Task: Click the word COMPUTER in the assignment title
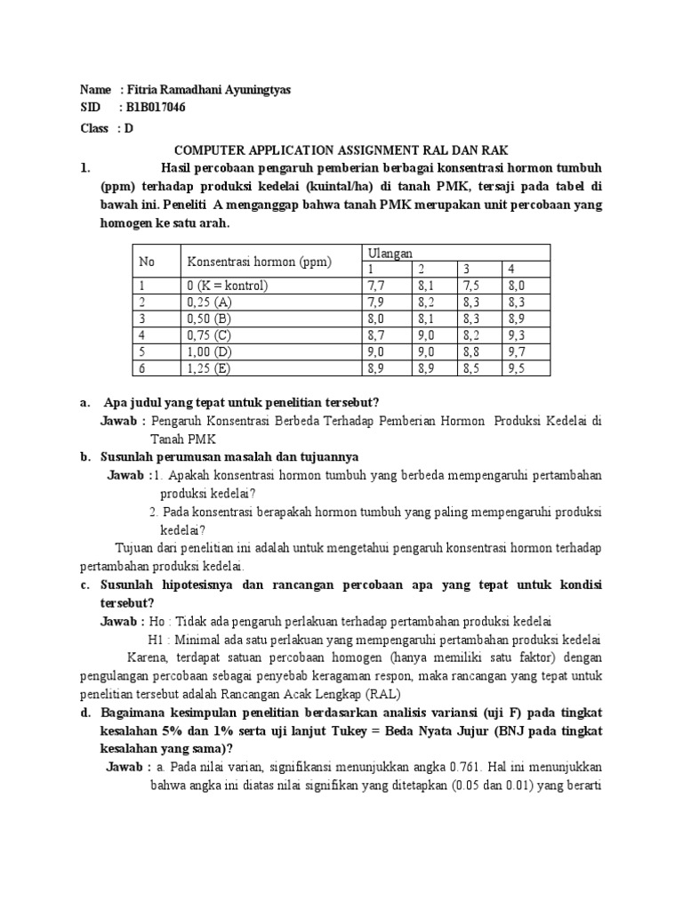(x=209, y=150)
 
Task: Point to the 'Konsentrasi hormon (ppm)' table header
(x=258, y=262)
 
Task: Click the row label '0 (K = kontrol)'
(x=227, y=286)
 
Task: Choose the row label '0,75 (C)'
(x=210, y=335)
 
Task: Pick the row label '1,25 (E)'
(x=210, y=368)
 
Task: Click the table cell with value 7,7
(x=375, y=286)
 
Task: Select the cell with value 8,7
(x=375, y=335)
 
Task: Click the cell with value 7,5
(x=470, y=286)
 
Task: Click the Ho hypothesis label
(x=157, y=623)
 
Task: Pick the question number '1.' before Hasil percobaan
(x=85, y=168)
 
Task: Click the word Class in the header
(x=94, y=128)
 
